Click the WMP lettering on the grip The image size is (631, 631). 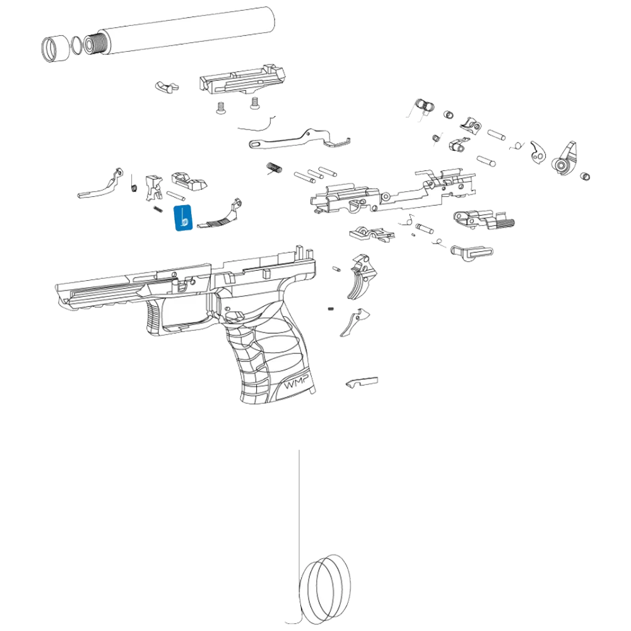tap(295, 384)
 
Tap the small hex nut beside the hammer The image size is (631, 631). tap(585, 175)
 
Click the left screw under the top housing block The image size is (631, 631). tap(222, 108)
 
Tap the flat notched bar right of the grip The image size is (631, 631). tap(362, 382)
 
